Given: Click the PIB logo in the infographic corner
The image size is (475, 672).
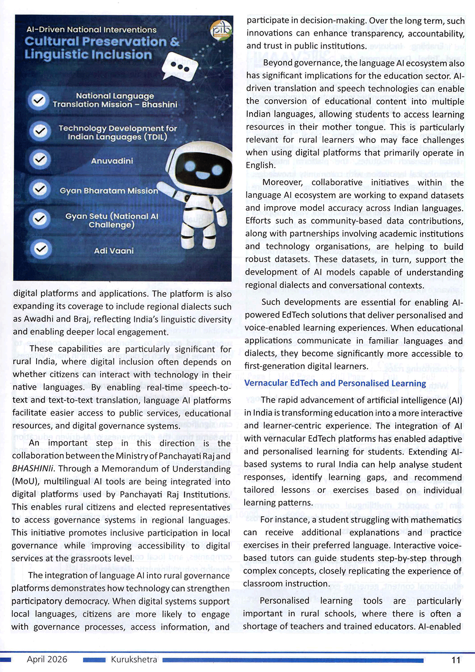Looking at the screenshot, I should tap(221, 30).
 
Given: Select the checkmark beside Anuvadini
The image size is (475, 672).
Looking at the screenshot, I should tap(40, 160).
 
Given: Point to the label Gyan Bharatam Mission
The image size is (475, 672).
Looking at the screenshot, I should tap(109, 190).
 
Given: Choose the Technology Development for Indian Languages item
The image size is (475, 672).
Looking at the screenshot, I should tap(117, 133).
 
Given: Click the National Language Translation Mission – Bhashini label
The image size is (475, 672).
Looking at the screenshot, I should tap(115, 100).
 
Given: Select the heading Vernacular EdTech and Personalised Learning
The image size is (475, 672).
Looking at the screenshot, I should tap(335, 383).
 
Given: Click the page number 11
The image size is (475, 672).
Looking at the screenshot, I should tap(456, 660).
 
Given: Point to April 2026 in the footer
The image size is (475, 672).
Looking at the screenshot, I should tap(47, 659).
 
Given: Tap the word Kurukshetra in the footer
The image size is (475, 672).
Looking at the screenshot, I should tap(134, 659).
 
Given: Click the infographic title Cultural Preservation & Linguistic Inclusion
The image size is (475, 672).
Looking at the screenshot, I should tap(102, 48).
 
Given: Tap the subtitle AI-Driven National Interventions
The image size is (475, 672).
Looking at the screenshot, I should tap(91, 29).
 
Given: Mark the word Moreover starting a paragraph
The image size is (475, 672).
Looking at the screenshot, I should tap(283, 182).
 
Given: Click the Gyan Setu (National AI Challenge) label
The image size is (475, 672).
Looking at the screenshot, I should tap(112, 220).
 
